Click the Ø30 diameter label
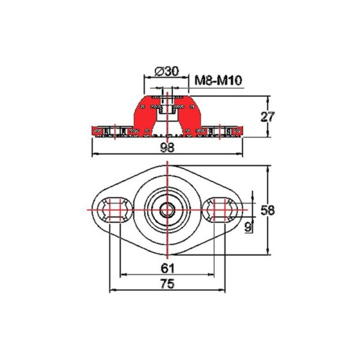pos(166,71)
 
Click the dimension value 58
pos(268,210)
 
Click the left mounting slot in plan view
pos(114,209)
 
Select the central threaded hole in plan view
pos(167,209)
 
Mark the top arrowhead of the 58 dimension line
pos(268,167)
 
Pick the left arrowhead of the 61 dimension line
pos(123,275)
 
